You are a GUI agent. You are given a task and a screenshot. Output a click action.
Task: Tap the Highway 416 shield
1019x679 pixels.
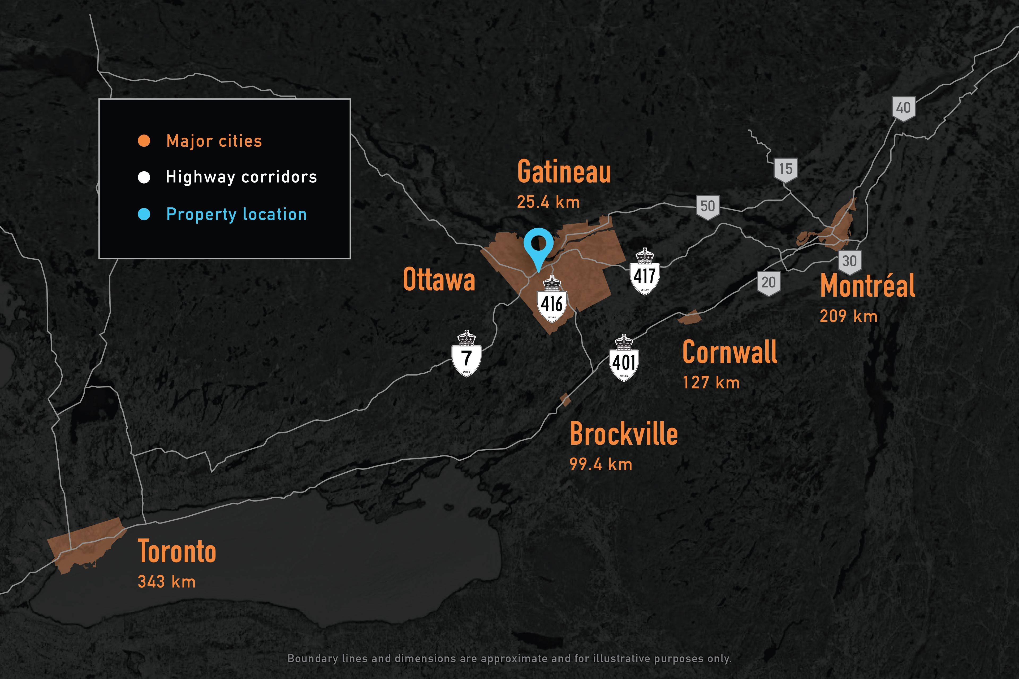[x=551, y=300]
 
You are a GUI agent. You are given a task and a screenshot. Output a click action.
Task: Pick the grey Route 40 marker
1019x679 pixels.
[x=903, y=108]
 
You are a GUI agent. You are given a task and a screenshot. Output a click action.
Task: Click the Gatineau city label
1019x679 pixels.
[x=564, y=172]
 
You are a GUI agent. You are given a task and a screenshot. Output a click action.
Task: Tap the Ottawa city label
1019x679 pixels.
[x=439, y=280]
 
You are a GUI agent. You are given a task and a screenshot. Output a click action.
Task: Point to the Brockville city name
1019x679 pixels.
[x=623, y=434]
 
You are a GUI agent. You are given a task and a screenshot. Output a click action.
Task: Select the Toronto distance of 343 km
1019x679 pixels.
[x=167, y=582]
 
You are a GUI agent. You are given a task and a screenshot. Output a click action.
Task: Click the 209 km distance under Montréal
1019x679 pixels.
[x=848, y=316]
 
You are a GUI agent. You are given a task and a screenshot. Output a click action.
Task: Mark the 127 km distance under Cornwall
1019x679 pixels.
[x=711, y=382]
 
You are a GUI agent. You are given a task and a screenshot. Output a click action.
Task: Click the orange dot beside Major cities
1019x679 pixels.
[x=144, y=141]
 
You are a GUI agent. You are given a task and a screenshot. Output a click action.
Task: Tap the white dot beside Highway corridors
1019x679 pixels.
[x=144, y=177]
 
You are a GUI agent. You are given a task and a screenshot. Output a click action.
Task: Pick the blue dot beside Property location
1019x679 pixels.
[x=144, y=214]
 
